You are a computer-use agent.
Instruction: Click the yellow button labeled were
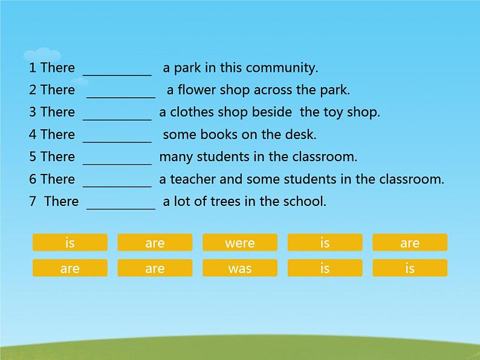240,243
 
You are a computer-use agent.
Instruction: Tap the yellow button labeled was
240,268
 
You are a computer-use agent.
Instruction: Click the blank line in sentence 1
117,75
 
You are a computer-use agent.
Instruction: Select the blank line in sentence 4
117,142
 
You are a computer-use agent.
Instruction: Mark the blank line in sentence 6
117,186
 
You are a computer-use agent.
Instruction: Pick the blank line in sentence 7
121,209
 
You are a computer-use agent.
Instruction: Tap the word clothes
192,112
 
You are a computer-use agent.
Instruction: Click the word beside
272,112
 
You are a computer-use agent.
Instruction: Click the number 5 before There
33,157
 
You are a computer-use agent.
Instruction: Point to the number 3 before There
33,112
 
